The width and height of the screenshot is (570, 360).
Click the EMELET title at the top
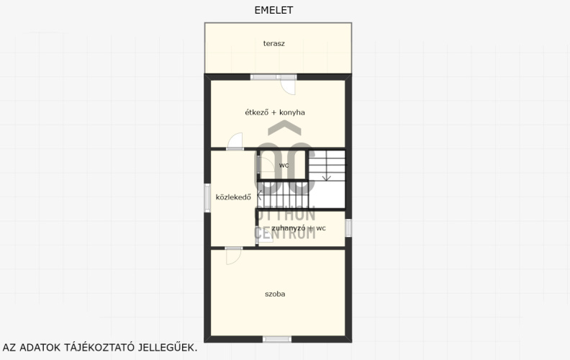(273, 10)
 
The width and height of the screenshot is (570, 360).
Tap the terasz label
(273, 44)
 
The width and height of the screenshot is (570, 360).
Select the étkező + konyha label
(275, 112)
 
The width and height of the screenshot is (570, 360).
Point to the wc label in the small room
(284, 166)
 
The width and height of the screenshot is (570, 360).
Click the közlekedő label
(233, 197)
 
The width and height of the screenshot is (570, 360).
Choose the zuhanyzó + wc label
(299, 228)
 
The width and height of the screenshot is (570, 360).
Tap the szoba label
(275, 294)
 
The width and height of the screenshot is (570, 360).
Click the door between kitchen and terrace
(288, 86)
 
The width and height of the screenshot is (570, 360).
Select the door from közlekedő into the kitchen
(235, 141)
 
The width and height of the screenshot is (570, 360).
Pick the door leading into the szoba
(234, 256)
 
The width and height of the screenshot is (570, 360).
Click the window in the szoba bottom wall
(277, 339)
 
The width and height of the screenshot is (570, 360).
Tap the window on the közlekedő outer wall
(207, 198)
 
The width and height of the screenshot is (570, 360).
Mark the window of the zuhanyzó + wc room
(348, 228)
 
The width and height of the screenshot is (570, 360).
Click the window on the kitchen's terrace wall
(273, 77)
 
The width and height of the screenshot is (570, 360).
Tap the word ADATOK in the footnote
(40, 347)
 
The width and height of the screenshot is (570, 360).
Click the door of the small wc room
(266, 166)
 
